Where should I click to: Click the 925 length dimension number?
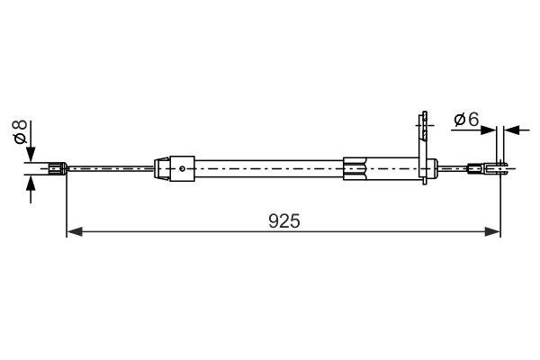(x=283, y=220)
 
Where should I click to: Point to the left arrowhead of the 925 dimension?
(x=74, y=232)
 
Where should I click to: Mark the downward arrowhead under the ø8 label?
(x=31, y=154)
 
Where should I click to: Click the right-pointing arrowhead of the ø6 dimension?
(x=491, y=130)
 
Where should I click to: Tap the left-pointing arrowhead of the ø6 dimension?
(x=512, y=130)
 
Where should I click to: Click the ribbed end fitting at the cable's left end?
(x=57, y=166)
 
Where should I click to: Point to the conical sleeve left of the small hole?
(x=163, y=166)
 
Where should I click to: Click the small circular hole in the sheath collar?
(x=183, y=166)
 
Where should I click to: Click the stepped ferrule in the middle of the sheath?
(x=356, y=166)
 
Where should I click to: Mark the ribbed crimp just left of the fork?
(x=474, y=166)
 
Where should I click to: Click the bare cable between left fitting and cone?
(x=108, y=166)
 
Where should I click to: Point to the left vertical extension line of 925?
(x=67, y=207)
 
